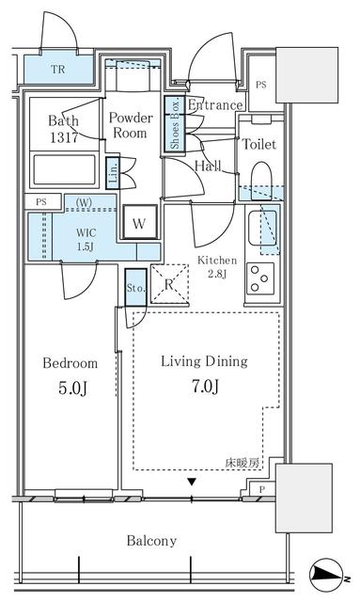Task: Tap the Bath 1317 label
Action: (x=65, y=129)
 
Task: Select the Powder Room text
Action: (x=131, y=126)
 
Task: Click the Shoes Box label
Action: (x=174, y=124)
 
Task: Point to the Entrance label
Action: (x=215, y=104)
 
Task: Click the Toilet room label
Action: (x=258, y=145)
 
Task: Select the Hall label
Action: (x=208, y=166)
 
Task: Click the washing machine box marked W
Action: (x=139, y=224)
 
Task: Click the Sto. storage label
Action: (x=134, y=289)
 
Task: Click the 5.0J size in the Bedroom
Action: (x=68, y=386)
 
